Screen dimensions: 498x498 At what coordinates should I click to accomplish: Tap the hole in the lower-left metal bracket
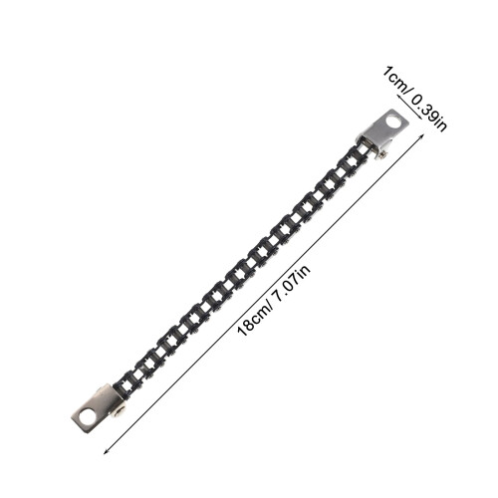tap(88, 416)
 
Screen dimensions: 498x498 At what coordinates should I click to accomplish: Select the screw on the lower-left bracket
tap(119, 412)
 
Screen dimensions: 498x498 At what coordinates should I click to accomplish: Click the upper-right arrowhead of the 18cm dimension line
tap(422, 135)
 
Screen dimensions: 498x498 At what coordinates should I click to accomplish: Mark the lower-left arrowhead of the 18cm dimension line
tap(106, 452)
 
